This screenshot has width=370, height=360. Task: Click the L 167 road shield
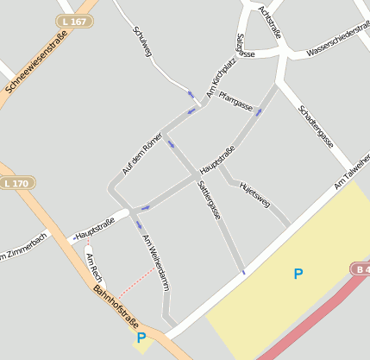point(74,21)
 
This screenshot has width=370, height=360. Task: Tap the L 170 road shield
point(16,183)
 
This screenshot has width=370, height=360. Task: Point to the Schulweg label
point(143,42)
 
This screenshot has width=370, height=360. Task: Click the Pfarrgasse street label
point(235,101)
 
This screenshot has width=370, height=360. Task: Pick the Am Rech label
point(94,268)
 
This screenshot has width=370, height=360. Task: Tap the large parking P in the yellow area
point(298,274)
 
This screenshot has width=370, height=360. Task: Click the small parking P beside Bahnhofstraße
point(141,338)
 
